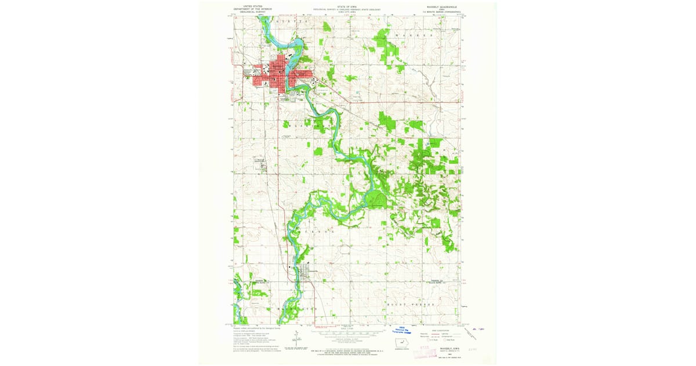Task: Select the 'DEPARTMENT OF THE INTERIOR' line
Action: pyautogui.click(x=252, y=8)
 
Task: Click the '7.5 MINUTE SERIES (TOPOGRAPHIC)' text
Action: pyautogui.click(x=443, y=12)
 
